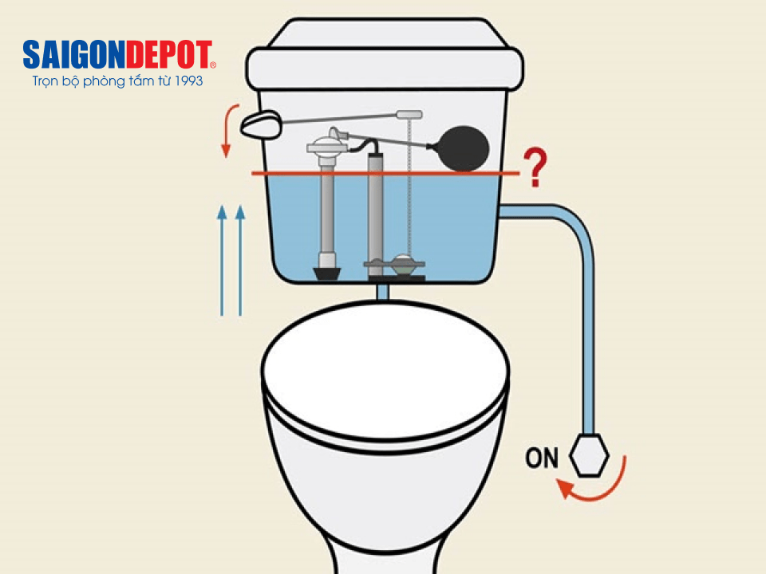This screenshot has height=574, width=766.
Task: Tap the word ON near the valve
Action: (541, 458)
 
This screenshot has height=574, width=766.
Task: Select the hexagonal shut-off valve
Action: (589, 455)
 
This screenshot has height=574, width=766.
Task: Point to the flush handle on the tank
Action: (261, 124)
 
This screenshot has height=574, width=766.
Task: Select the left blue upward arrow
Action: (222, 261)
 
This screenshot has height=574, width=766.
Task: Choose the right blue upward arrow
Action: (240, 261)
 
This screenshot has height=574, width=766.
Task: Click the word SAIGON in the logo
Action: (74, 55)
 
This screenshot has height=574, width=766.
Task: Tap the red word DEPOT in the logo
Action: (169, 55)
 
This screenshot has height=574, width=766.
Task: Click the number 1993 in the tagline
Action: (188, 81)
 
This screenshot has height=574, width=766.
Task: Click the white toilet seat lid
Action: (385, 371)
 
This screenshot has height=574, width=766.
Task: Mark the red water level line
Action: (385, 173)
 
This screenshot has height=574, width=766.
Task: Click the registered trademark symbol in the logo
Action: (212, 65)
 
